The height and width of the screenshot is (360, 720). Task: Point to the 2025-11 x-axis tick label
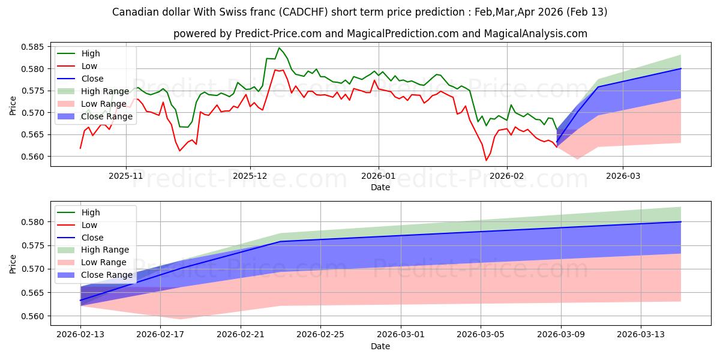point(126,176)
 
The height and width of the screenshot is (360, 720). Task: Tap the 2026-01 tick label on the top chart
point(378,176)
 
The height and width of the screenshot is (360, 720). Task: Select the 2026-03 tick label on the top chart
point(622,176)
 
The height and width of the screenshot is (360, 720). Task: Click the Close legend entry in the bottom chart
point(92,238)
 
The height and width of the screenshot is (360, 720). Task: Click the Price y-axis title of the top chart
point(13,104)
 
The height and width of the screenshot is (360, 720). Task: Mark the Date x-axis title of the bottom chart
point(380,346)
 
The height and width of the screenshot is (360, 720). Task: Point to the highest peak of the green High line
point(279,48)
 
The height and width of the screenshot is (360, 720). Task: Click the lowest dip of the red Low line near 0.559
point(486,160)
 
